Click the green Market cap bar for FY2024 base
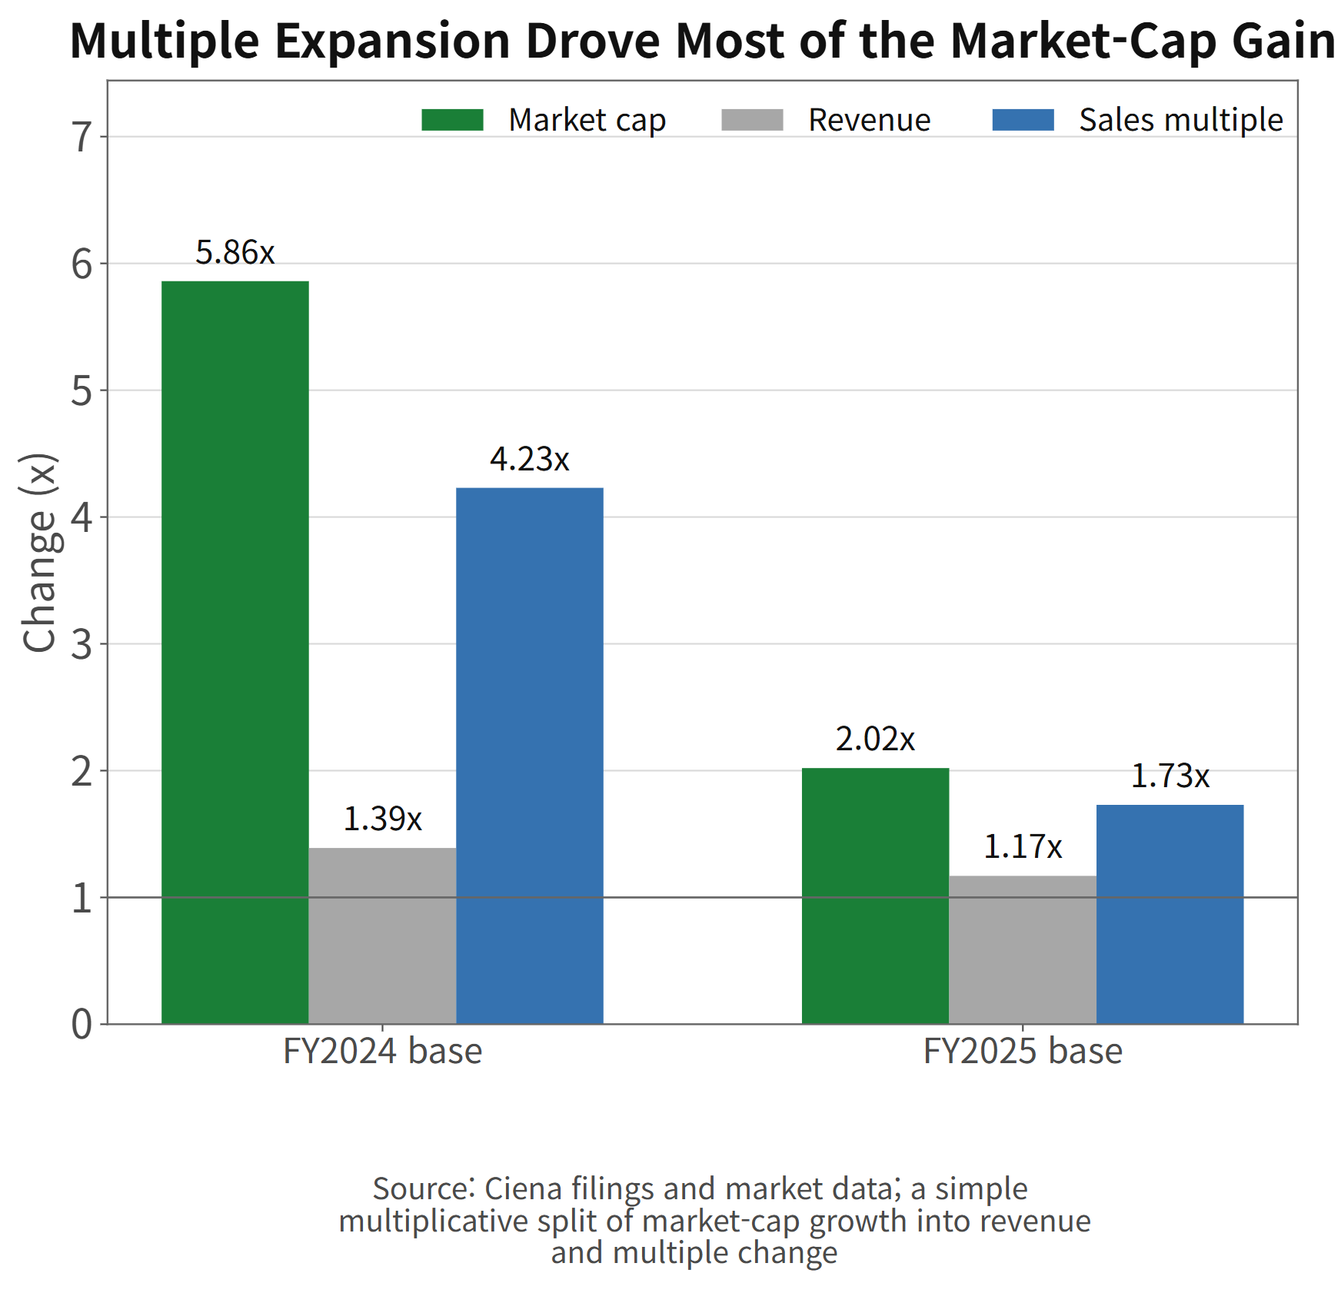click(235, 652)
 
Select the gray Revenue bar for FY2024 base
click(382, 936)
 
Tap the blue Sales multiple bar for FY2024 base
click(530, 756)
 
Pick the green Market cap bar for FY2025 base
click(875, 896)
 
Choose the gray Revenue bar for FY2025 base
click(1023, 949)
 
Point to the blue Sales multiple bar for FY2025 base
click(1170, 914)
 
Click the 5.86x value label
click(235, 252)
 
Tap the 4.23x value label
click(530, 459)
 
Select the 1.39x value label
click(382, 819)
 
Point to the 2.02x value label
click(875, 739)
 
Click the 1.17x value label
click(1023, 846)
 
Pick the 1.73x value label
click(1170, 776)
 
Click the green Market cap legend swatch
click(452, 120)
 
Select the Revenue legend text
click(870, 120)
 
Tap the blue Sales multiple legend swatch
click(1023, 120)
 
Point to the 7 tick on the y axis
click(103, 137)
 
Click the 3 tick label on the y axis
click(82, 644)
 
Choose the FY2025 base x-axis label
click(1023, 1051)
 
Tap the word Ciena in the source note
click(523, 1189)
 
